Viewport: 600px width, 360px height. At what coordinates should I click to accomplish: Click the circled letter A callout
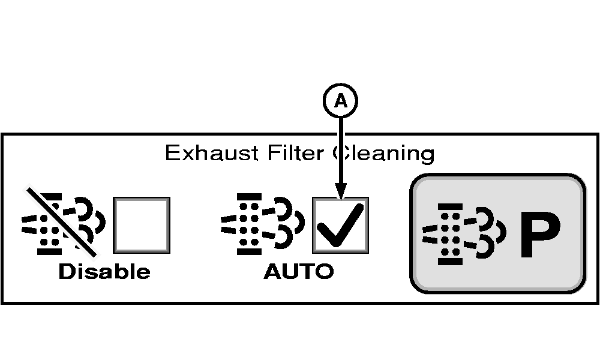(x=341, y=102)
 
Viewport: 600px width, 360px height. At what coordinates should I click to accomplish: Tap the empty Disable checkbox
(x=141, y=226)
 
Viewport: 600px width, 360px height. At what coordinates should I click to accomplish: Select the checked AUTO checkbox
(x=340, y=226)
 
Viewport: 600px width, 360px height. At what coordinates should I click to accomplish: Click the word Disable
(x=104, y=272)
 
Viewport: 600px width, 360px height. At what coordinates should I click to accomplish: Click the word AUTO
(x=299, y=272)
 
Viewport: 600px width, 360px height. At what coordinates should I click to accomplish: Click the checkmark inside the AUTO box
(x=340, y=224)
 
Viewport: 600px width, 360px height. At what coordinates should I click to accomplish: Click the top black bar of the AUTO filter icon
(x=249, y=196)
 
